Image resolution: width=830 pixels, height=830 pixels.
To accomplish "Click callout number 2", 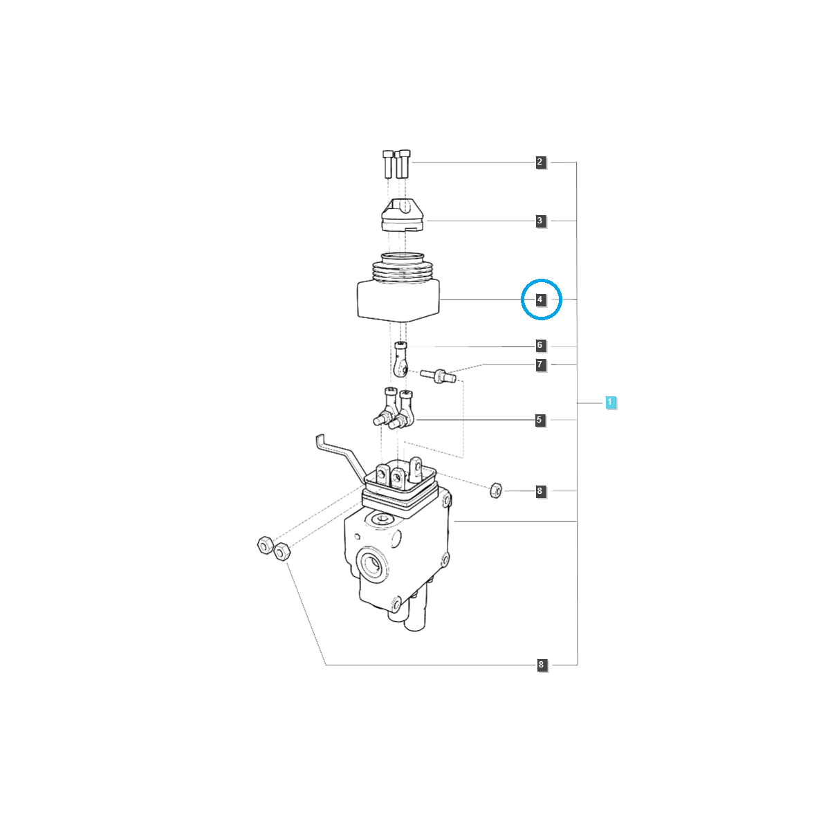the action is [540, 163].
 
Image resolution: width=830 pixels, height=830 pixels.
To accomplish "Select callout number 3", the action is [540, 221].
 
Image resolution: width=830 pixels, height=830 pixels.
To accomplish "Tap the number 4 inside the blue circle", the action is [540, 299].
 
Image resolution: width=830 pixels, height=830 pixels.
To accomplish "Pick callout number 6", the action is [540, 345].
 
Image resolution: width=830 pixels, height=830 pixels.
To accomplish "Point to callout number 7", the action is [540, 365].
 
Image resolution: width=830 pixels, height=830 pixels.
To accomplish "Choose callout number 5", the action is [539, 420].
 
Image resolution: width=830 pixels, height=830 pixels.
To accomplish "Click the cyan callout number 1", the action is [610, 403].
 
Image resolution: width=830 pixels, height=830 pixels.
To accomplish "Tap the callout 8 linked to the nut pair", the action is [542, 665].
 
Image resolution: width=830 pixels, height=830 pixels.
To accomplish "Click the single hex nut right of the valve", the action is [496, 490].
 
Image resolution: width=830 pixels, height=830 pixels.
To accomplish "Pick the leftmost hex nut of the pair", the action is [265, 546].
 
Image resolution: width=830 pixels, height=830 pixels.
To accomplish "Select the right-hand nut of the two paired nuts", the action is [282, 552].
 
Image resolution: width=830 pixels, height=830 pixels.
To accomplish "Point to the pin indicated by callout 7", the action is [438, 376].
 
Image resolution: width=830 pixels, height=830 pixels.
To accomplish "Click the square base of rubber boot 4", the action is [398, 301].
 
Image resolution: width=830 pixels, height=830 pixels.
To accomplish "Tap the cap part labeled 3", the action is [403, 215].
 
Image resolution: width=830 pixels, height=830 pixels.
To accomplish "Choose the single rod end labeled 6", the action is [401, 359].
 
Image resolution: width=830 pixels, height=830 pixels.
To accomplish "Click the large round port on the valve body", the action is [371, 564].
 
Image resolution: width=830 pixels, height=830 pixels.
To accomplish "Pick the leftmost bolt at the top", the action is [387, 164].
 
